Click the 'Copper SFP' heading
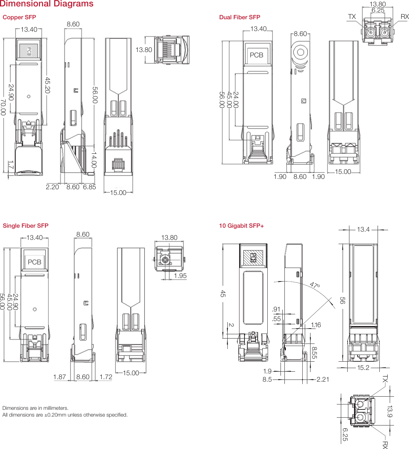(x=19, y=17)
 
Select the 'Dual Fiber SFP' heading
(x=239, y=17)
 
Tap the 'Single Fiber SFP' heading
(x=25, y=226)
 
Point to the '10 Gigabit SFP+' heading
(x=241, y=226)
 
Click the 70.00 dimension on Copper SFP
(x=3, y=107)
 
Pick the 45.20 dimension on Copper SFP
(x=47, y=85)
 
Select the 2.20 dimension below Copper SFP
(x=52, y=187)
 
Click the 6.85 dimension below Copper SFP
(x=89, y=187)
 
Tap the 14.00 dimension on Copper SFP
(x=94, y=160)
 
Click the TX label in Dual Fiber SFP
(x=352, y=17)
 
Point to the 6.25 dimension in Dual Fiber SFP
(x=378, y=10)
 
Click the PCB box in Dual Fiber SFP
(x=256, y=55)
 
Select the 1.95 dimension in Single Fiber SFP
(x=180, y=276)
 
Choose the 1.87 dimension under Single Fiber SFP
(x=60, y=377)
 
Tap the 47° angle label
(x=315, y=285)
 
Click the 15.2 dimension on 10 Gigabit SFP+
(x=363, y=367)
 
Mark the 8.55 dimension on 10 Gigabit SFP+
(x=314, y=353)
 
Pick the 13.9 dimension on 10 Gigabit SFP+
(x=390, y=411)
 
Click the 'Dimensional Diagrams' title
(x=47, y=4)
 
